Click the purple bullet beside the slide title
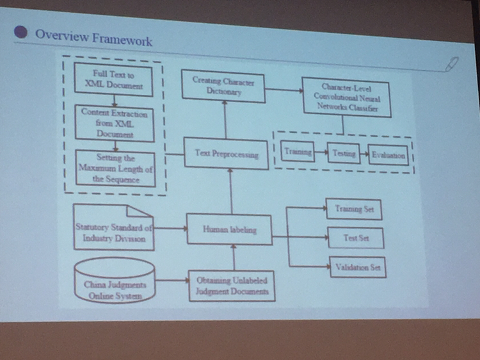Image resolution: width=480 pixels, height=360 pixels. point(20,32)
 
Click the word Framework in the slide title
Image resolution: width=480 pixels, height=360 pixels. point(122,40)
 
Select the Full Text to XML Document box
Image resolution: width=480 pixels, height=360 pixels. point(113,79)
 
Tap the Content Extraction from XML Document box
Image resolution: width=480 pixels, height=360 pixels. point(115,124)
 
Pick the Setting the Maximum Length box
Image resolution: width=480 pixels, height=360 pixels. point(115,169)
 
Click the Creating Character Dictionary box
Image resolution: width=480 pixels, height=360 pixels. point(223,86)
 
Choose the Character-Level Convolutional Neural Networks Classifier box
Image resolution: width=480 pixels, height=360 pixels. point(346,97)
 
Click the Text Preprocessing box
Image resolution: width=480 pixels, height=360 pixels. point(226,153)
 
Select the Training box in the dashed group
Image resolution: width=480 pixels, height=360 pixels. point(298,151)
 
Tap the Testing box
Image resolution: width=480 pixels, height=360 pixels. point(344,153)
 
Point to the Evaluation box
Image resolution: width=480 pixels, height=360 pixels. point(388,155)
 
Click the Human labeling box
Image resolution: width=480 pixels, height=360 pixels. point(229,229)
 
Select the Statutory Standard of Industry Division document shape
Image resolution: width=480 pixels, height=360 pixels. point(113,227)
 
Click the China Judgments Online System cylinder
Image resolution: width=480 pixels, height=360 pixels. point(115,281)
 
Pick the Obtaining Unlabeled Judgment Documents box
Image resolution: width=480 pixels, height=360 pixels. point(232,286)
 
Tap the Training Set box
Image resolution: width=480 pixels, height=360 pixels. point(354,209)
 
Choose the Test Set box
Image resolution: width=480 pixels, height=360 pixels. point(356,238)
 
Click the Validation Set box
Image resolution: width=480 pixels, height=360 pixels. point(358,267)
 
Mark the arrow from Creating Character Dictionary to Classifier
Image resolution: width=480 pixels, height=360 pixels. point(284,90)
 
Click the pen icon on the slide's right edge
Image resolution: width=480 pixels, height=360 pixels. point(452,63)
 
